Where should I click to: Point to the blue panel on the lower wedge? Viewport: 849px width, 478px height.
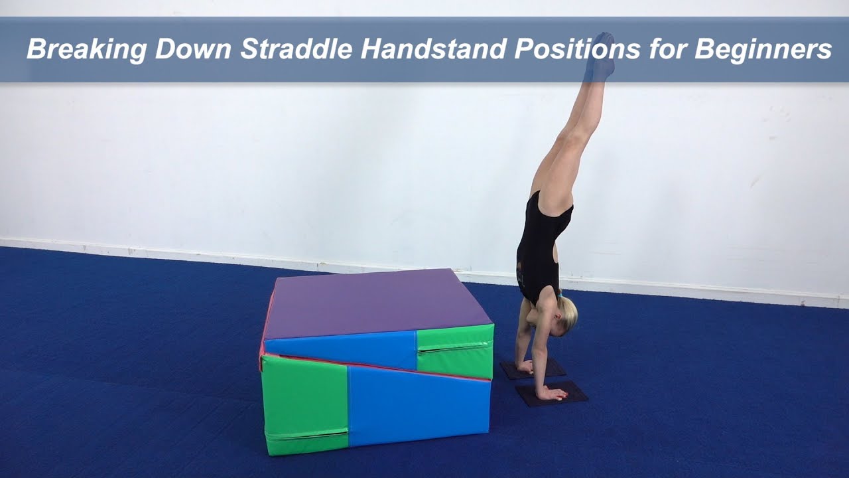(418, 405)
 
